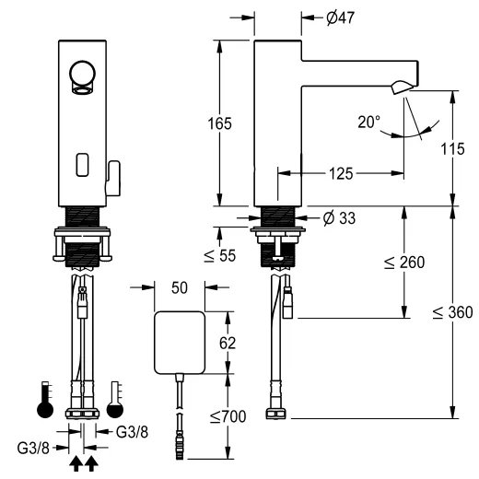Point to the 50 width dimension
tap(181, 287)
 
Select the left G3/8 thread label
tap(33, 450)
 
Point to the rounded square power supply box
tap(180, 341)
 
